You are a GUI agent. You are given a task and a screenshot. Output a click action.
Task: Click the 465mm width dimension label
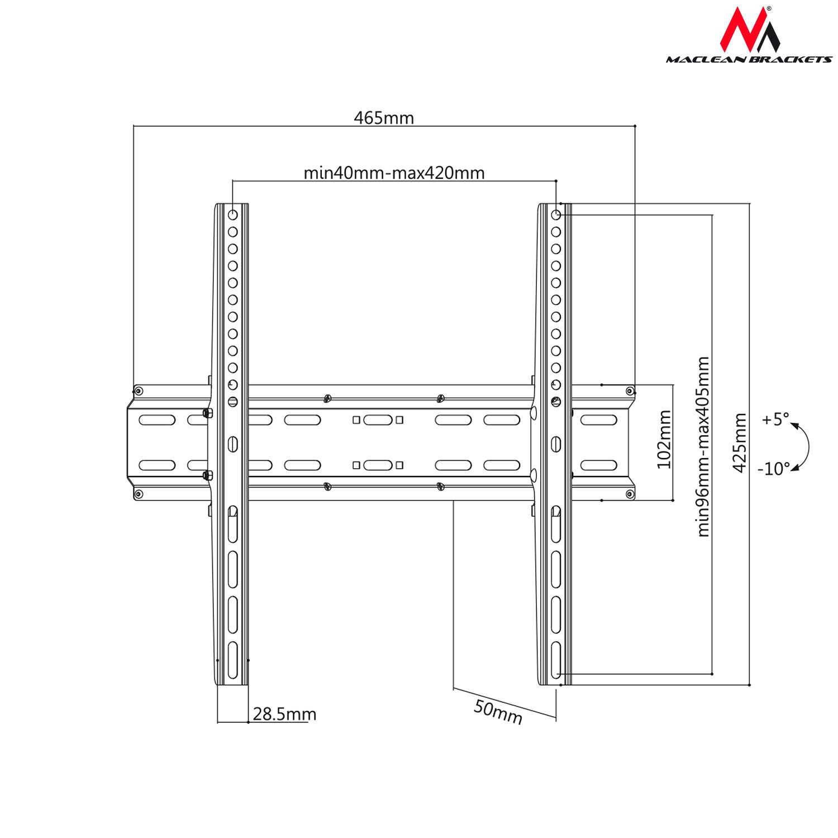(384, 118)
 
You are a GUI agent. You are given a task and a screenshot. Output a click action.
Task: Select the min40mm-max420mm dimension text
(394, 173)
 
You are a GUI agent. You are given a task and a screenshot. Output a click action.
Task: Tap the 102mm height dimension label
(664, 439)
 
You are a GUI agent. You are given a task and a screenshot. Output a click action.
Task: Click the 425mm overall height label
(740, 442)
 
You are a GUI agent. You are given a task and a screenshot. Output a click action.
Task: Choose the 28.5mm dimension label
(284, 714)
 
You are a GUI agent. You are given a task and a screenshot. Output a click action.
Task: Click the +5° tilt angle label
(775, 419)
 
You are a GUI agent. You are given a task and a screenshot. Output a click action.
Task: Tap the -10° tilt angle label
(774, 468)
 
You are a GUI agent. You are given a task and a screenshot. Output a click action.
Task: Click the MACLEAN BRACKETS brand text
(749, 59)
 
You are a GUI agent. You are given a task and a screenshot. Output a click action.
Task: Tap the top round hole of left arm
(233, 215)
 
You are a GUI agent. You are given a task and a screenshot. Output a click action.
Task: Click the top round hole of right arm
(556, 215)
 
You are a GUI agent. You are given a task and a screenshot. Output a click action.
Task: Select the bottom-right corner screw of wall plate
(630, 494)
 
